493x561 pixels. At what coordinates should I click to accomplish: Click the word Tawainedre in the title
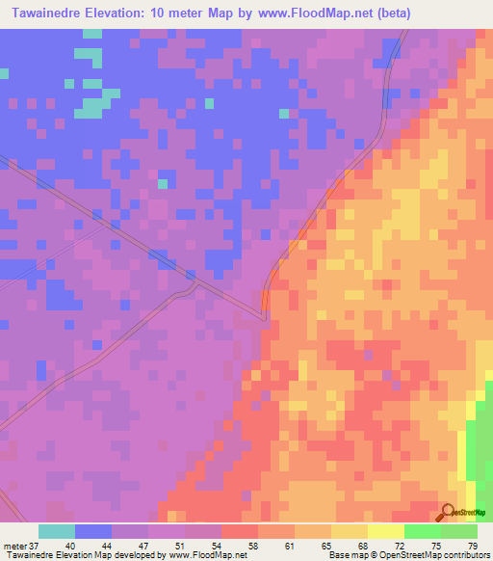[48, 13]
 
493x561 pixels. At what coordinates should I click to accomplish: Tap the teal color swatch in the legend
[57, 531]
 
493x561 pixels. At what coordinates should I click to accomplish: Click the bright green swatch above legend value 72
[422, 531]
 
